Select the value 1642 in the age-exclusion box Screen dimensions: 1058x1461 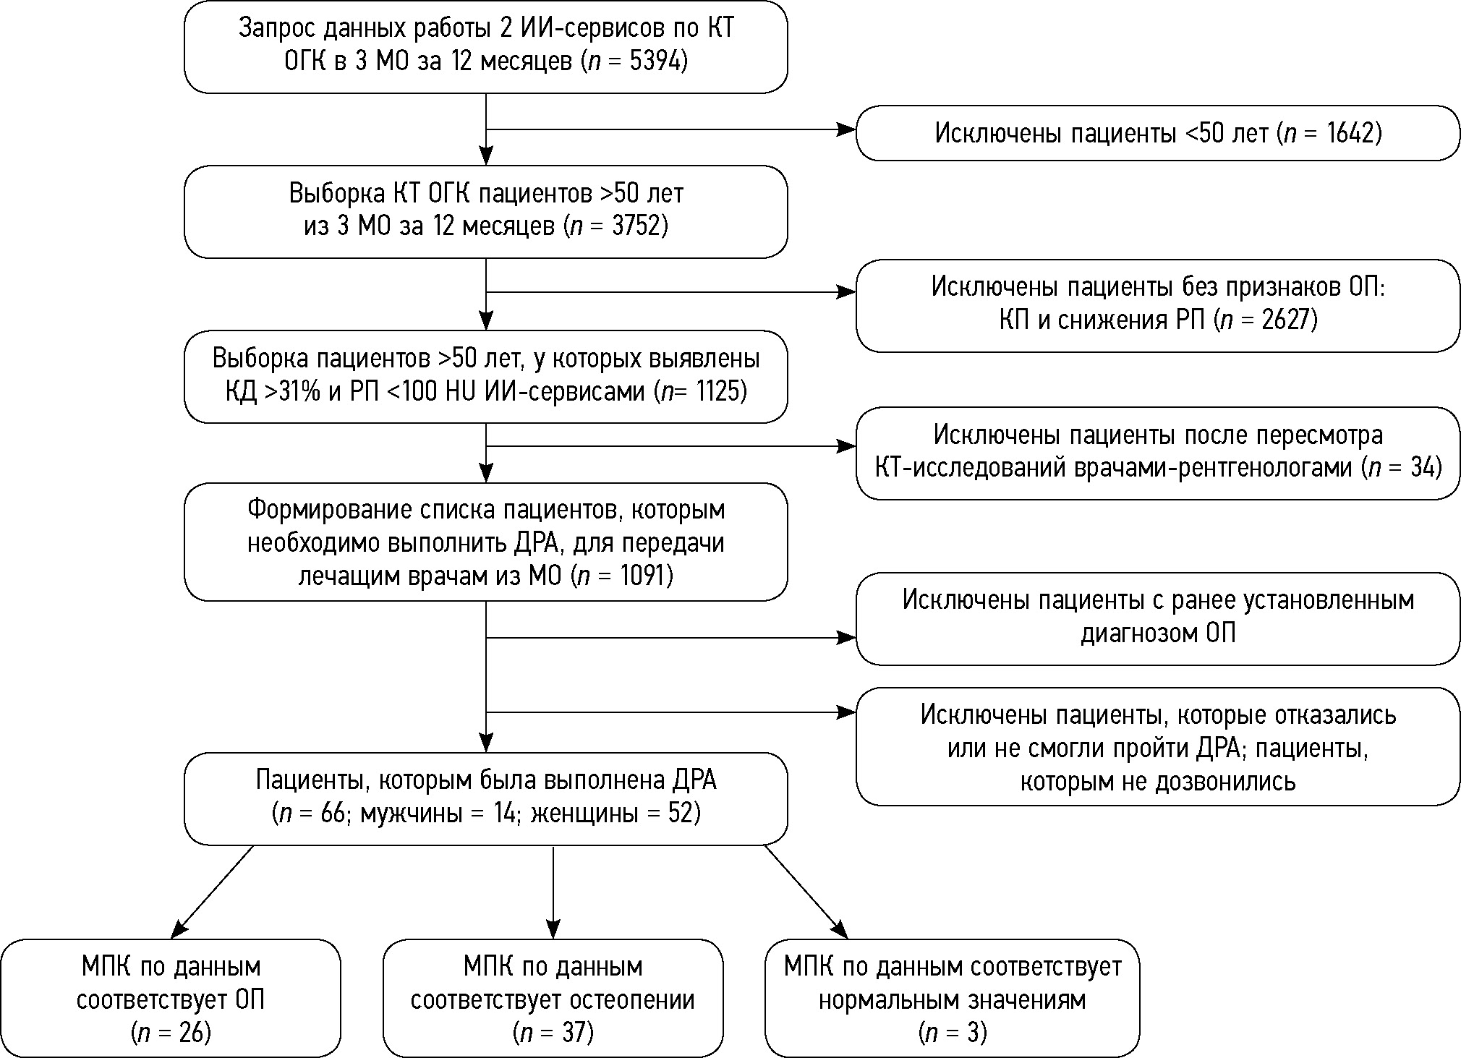[1351, 134]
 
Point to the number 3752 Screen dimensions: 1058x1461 [636, 227]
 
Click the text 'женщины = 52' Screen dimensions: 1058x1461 [612, 814]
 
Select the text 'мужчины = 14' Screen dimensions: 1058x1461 [439, 814]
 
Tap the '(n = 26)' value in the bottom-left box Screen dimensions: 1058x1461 [171, 1033]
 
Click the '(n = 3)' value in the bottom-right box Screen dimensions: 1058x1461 [952, 1033]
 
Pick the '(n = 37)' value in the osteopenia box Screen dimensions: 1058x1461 [553, 1033]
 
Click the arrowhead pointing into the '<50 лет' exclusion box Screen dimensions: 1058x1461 [846, 129]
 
